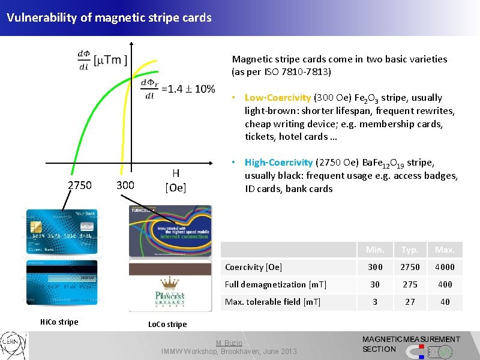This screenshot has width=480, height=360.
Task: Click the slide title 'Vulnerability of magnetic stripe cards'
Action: [109, 17]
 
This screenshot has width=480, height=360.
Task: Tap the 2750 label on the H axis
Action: [80, 185]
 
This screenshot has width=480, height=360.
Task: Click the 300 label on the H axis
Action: [125, 185]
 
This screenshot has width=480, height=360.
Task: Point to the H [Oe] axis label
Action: [176, 181]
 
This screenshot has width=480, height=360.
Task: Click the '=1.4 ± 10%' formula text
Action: [188, 89]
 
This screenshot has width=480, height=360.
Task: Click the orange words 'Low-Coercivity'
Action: [277, 97]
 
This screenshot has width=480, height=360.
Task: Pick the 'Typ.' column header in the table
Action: [410, 250]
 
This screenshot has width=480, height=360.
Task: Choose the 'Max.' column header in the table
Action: [445, 250]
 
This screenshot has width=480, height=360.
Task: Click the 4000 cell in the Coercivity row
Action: [445, 267]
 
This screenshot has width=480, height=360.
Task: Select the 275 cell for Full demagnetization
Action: [410, 284]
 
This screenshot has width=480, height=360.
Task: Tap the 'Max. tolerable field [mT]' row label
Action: [272, 302]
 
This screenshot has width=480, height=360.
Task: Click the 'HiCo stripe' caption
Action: [59, 322]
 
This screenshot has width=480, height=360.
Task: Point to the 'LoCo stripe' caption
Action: [167, 325]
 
